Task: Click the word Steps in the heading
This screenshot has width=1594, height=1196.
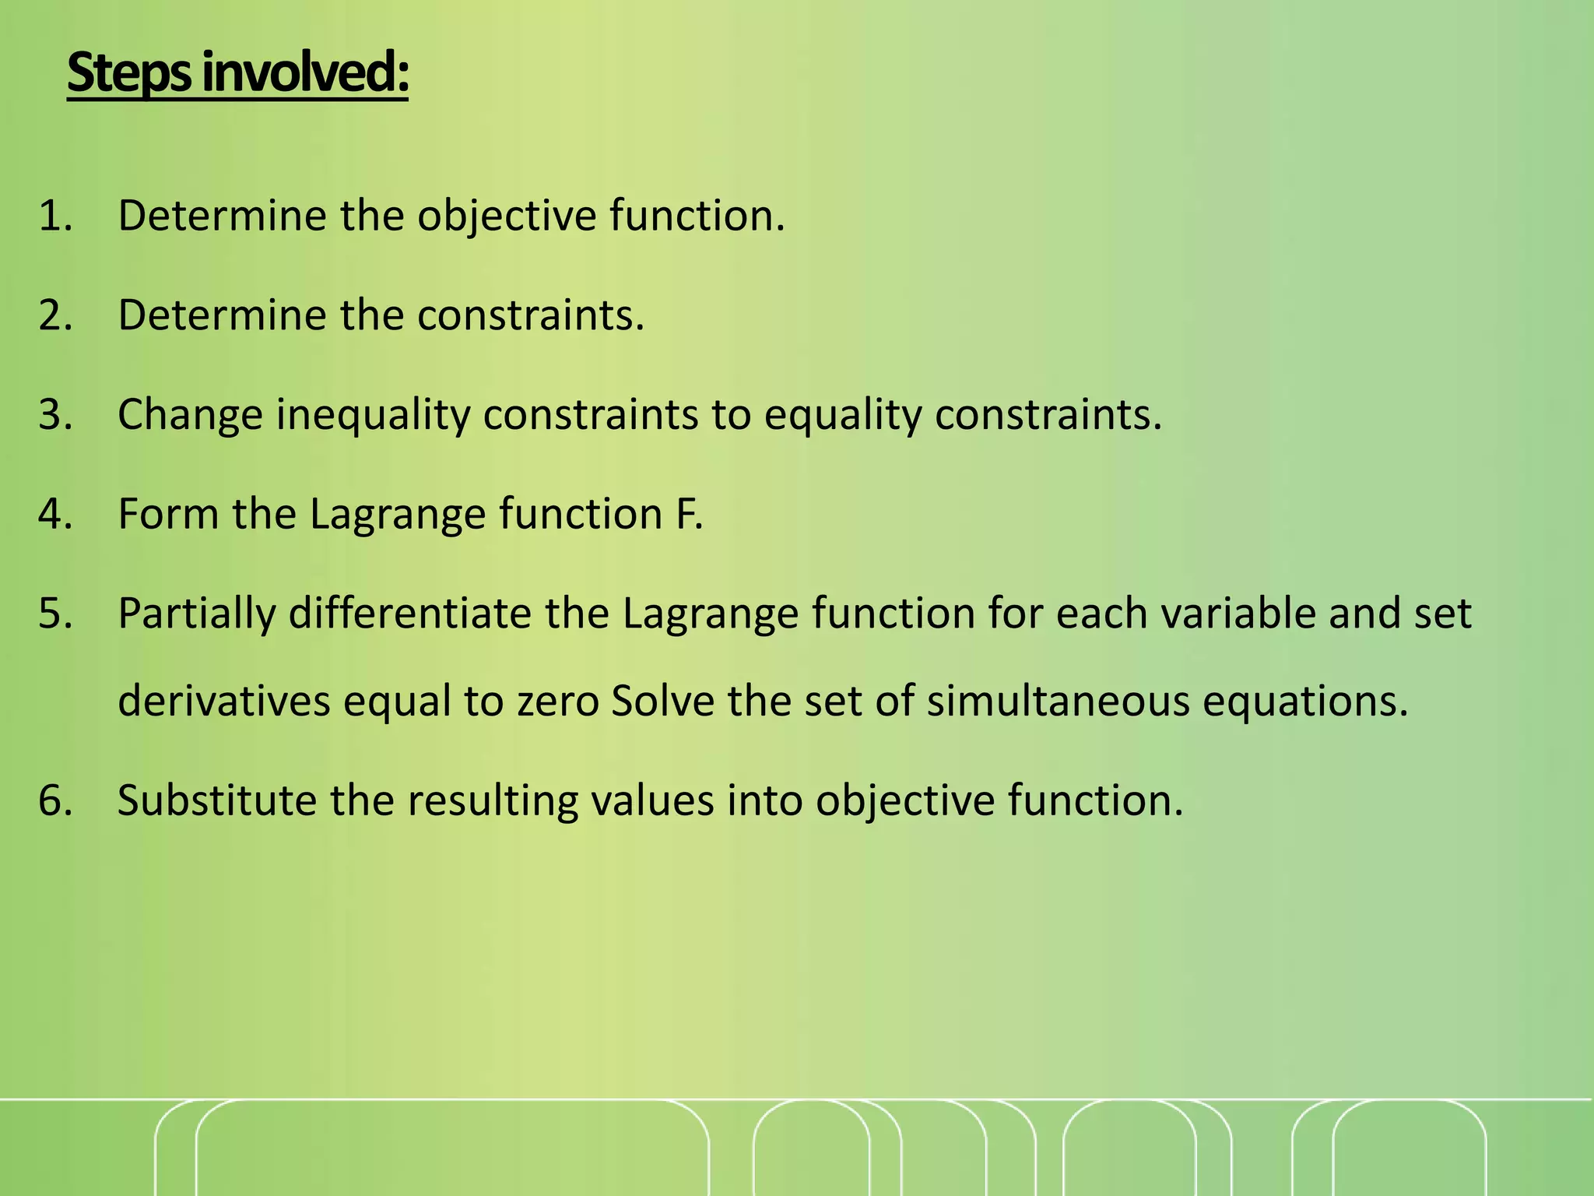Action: click(129, 74)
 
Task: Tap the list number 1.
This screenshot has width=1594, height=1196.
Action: click(54, 216)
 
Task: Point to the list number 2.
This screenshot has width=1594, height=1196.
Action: click(54, 315)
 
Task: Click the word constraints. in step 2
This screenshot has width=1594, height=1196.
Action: click(531, 315)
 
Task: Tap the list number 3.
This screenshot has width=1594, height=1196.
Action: click(54, 414)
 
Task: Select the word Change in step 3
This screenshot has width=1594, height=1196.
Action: click(191, 414)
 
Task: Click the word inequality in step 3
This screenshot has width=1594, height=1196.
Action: click(374, 414)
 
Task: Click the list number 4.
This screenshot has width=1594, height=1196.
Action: click(54, 514)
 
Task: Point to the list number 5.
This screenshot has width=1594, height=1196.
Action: click(54, 614)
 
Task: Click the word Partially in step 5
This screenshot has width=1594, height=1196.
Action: click(196, 614)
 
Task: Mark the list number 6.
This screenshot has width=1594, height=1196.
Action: click(54, 800)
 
